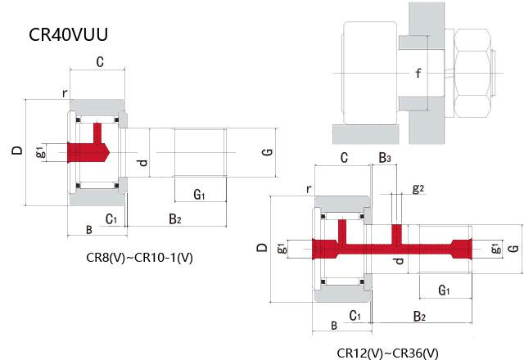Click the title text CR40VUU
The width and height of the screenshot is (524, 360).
(69, 35)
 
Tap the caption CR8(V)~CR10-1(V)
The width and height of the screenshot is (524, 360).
(139, 258)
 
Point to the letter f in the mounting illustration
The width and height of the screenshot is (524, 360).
(418, 74)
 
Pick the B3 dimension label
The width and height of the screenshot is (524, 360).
(384, 157)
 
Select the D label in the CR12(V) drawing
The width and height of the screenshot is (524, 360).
(262, 247)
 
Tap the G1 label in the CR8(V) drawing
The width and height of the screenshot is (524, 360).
(199, 194)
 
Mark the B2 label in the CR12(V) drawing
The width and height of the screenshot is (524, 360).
(418, 315)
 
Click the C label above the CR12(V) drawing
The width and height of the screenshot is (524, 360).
(344, 157)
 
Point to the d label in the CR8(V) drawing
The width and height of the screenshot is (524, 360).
(143, 163)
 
